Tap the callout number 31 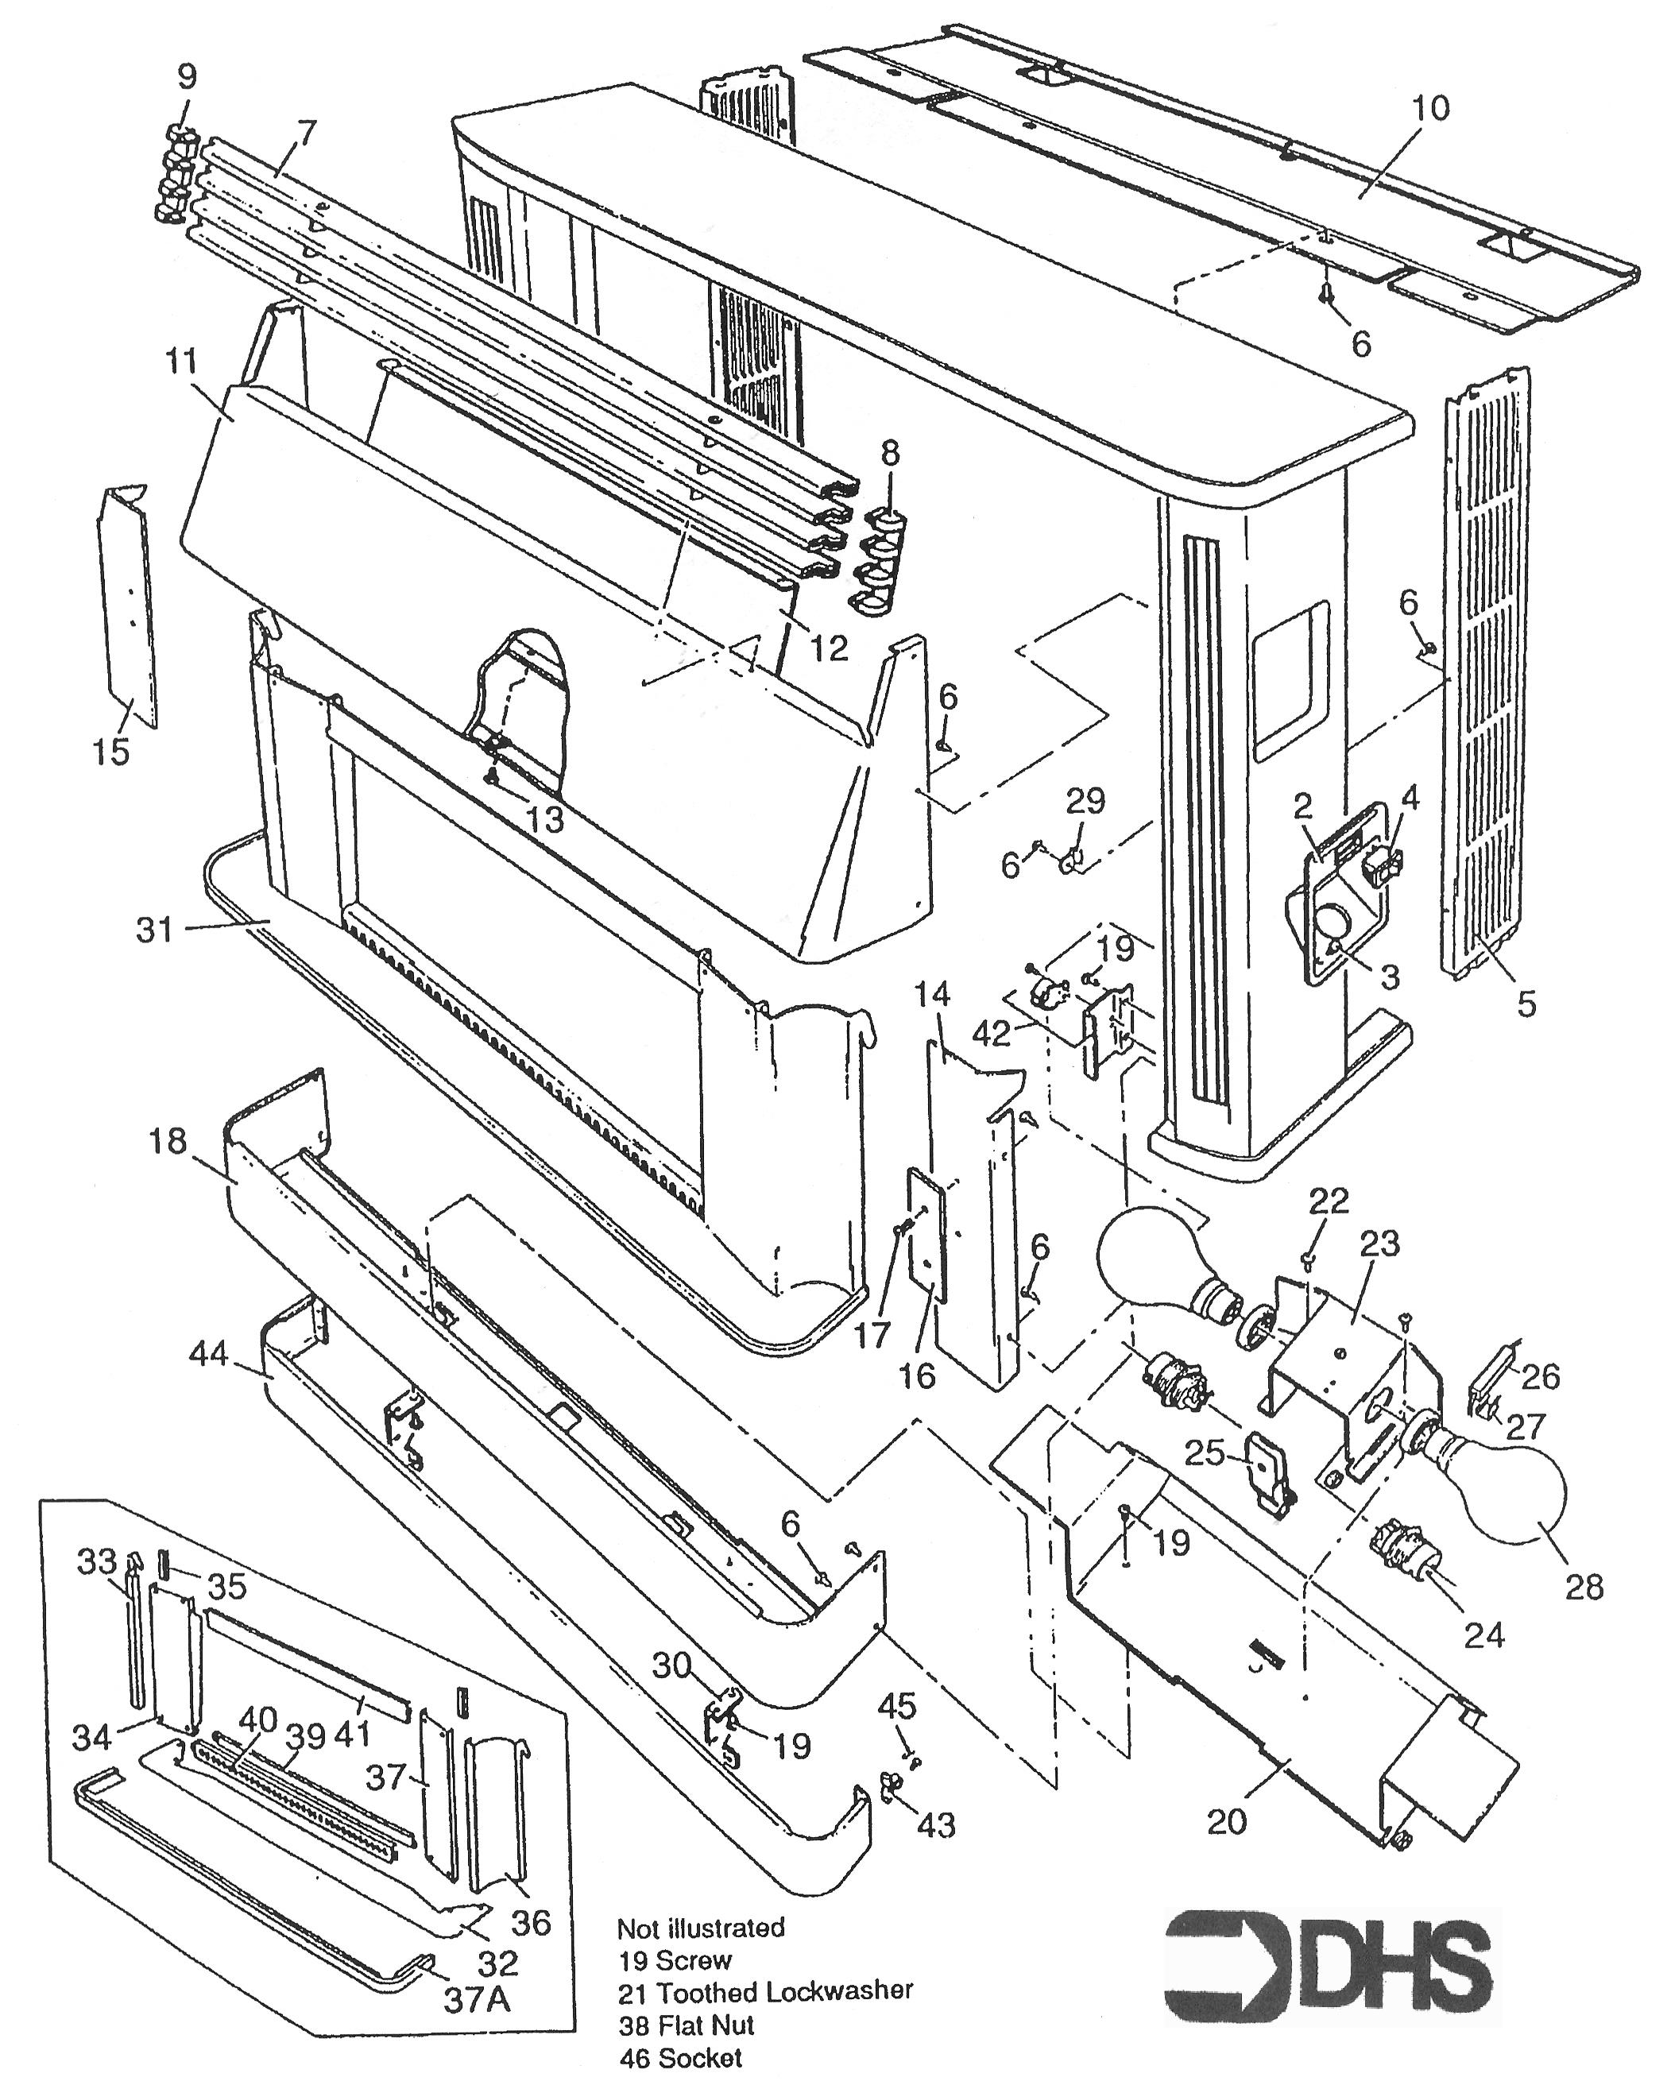[155, 930]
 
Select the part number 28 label [1584, 1586]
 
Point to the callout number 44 [209, 1354]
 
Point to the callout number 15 [111, 749]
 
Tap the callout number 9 [187, 75]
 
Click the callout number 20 [1227, 1821]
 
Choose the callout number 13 [544, 819]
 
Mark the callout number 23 [1379, 1244]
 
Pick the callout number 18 [168, 1141]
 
